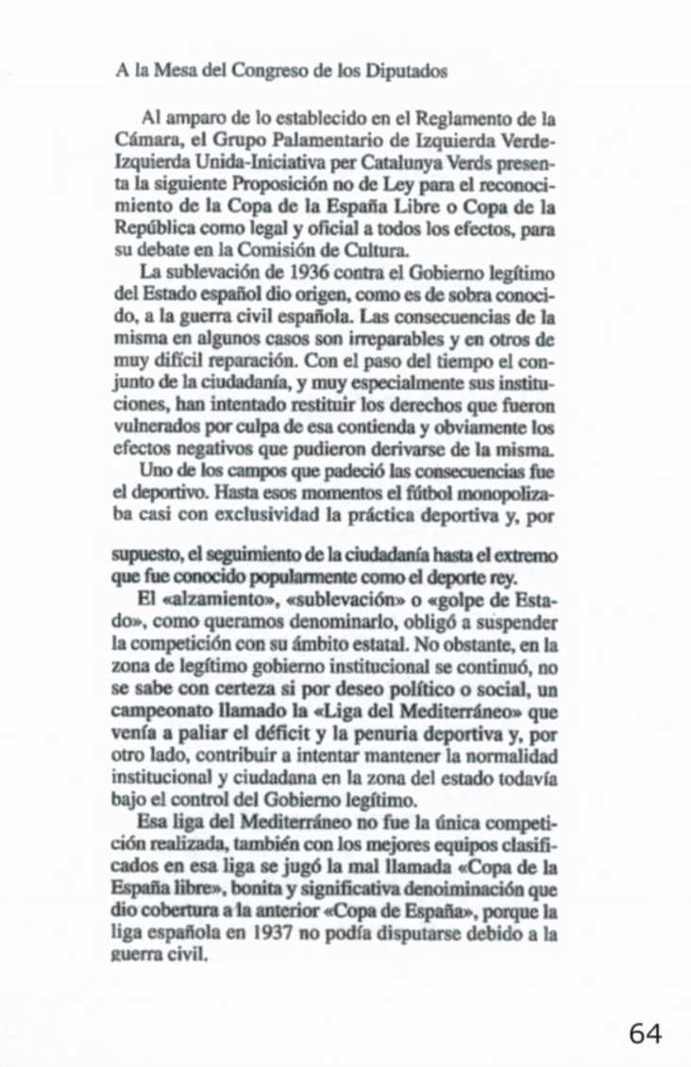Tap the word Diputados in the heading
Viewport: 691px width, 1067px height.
click(x=407, y=72)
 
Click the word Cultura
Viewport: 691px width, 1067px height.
click(x=381, y=249)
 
